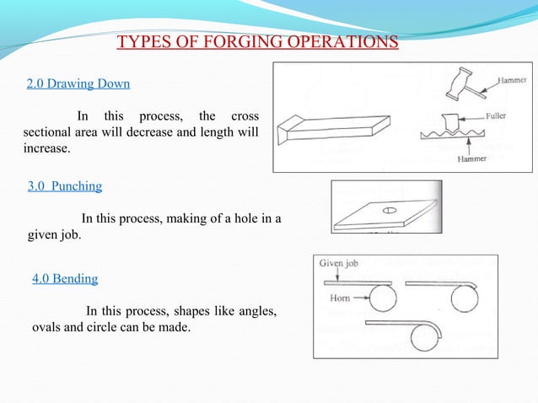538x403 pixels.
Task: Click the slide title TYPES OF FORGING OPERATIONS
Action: click(x=257, y=43)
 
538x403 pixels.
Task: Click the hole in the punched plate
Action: click(x=390, y=210)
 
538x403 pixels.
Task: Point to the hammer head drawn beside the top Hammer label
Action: click(x=465, y=84)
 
